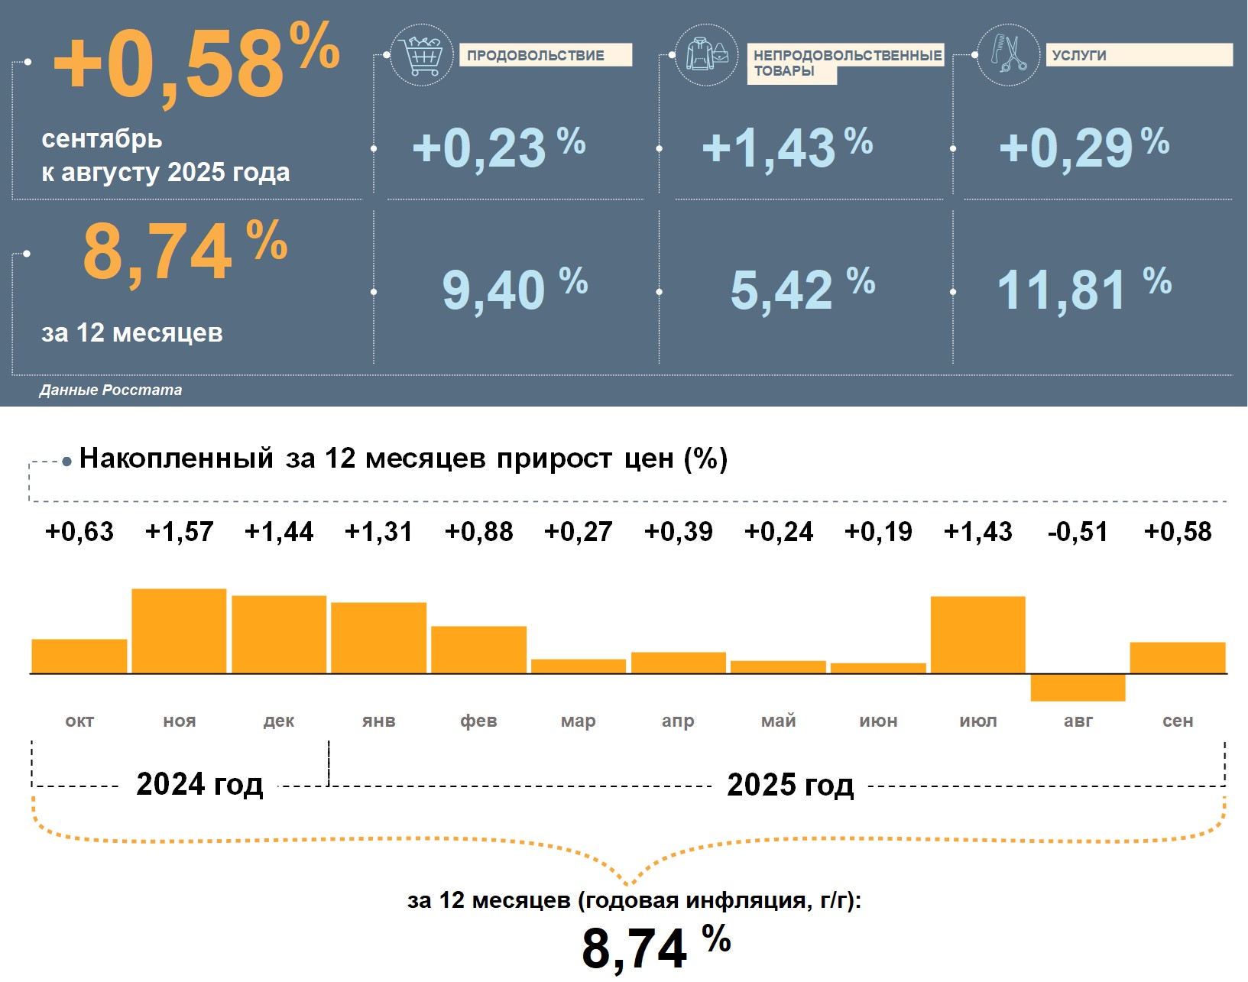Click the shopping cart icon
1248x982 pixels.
pos(421,55)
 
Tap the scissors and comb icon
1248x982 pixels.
pos(1009,55)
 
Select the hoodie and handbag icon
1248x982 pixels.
pos(707,55)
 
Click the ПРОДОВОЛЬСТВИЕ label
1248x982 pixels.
pos(545,55)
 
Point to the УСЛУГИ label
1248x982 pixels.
pos(1138,55)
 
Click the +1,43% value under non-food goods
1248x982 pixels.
pos(786,147)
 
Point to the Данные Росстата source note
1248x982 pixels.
pos(111,391)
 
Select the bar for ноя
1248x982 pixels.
pos(179,630)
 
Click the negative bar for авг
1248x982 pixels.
pos(1078,687)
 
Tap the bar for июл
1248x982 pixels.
pos(977,634)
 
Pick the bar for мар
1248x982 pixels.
pos(579,666)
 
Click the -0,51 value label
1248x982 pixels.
pos(1078,532)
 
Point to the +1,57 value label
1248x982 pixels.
pos(179,532)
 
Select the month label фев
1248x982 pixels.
pos(478,721)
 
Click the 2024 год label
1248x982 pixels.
pos(199,784)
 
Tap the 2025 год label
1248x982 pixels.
pos(790,785)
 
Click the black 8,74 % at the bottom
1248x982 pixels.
pos(656,948)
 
